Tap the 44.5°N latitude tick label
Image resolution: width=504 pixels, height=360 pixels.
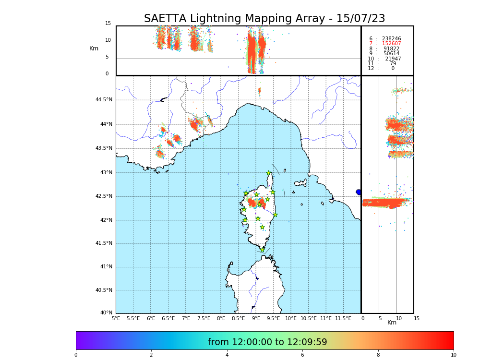tap(104, 100)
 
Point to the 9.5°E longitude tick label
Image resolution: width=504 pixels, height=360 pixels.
tap(274, 318)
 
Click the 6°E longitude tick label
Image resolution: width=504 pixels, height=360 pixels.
tap(151, 318)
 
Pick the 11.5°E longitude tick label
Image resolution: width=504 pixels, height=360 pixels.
tap(344, 318)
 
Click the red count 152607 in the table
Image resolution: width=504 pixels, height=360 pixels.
tap(391, 44)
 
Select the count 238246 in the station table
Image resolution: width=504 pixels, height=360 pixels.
tap(391, 39)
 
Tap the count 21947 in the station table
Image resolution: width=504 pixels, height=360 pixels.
tap(393, 59)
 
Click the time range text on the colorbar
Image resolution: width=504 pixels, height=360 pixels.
tap(267, 342)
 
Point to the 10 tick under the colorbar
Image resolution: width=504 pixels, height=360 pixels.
tap(453, 355)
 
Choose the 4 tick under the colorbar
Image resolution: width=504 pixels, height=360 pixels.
tap(227, 355)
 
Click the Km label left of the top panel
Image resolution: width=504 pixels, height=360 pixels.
tap(94, 48)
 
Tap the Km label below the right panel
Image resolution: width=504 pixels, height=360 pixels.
tap(392, 323)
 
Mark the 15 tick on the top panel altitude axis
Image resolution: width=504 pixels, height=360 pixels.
tap(108, 24)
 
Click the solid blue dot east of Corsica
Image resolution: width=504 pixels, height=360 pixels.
tap(359, 192)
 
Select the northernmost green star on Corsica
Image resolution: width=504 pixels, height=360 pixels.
tap(269, 173)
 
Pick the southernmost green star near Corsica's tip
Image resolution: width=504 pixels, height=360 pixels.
tap(262, 250)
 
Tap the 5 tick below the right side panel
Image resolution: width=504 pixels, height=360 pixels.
tap(380, 318)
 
